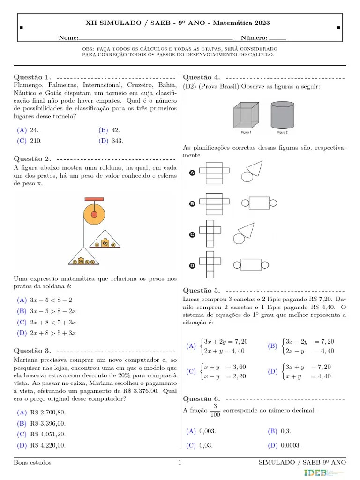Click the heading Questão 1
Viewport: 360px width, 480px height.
[32, 77]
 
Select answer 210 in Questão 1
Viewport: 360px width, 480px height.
[36, 140]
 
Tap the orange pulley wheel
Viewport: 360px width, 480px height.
[94, 215]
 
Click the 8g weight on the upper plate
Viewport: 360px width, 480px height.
[105, 243]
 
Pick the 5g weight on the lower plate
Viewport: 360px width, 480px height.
[81, 261]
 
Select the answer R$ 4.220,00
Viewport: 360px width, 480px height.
[47, 445]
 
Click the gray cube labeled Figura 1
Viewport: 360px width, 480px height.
[246, 115]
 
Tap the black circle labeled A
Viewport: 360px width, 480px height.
[192, 173]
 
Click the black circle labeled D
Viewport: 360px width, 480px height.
[192, 266]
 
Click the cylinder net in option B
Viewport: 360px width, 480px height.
[255, 202]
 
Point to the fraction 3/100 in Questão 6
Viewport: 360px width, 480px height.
[215, 410]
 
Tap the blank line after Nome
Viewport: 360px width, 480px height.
[156, 38]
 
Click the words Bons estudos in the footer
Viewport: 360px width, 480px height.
[33, 463]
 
